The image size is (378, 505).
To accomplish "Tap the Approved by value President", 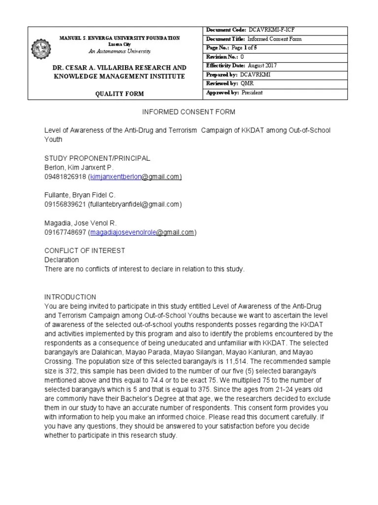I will pos(252,93).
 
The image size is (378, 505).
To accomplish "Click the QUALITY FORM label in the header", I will pos(116,93).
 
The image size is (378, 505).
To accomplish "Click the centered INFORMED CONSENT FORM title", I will pos(189,112).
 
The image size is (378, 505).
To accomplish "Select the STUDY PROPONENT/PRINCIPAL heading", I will pos(97,158).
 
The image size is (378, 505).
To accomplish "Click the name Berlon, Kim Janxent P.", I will pos(79,168).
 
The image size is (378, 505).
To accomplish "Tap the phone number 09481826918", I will pos(65,177).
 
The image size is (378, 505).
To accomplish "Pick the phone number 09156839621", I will pos(65,204).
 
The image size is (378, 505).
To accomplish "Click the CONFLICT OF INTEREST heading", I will pos(85,251).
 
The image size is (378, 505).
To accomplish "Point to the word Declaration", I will pos(62,260).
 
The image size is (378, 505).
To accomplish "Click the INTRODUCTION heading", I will pos(70,297).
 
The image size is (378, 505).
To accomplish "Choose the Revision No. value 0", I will pos(242,57).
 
